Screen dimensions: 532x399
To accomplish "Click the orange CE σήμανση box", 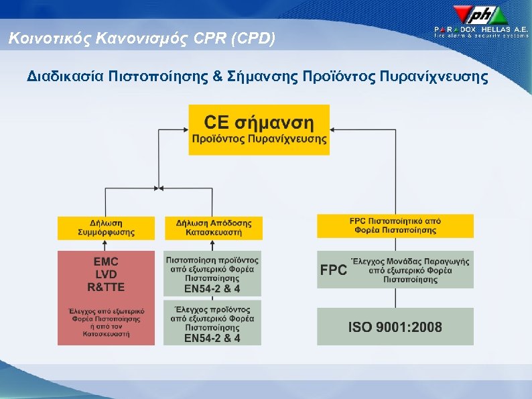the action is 259,129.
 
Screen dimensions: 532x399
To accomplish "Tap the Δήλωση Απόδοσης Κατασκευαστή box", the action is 213,227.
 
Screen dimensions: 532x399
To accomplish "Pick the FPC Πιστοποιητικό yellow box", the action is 395,225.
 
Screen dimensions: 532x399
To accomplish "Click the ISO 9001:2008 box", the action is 395,327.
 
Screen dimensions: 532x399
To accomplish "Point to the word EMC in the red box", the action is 106,262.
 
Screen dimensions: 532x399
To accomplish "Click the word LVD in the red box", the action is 106,274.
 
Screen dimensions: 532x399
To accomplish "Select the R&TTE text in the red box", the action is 106,287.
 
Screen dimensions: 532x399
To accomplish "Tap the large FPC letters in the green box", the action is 334,270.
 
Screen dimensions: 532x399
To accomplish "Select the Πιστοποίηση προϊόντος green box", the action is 212,274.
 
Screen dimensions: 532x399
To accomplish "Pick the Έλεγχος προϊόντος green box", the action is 212,323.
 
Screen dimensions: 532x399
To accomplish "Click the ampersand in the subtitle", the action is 219,76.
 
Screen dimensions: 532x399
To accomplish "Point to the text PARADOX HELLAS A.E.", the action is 481,30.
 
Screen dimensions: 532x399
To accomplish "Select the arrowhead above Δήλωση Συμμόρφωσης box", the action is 106,213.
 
